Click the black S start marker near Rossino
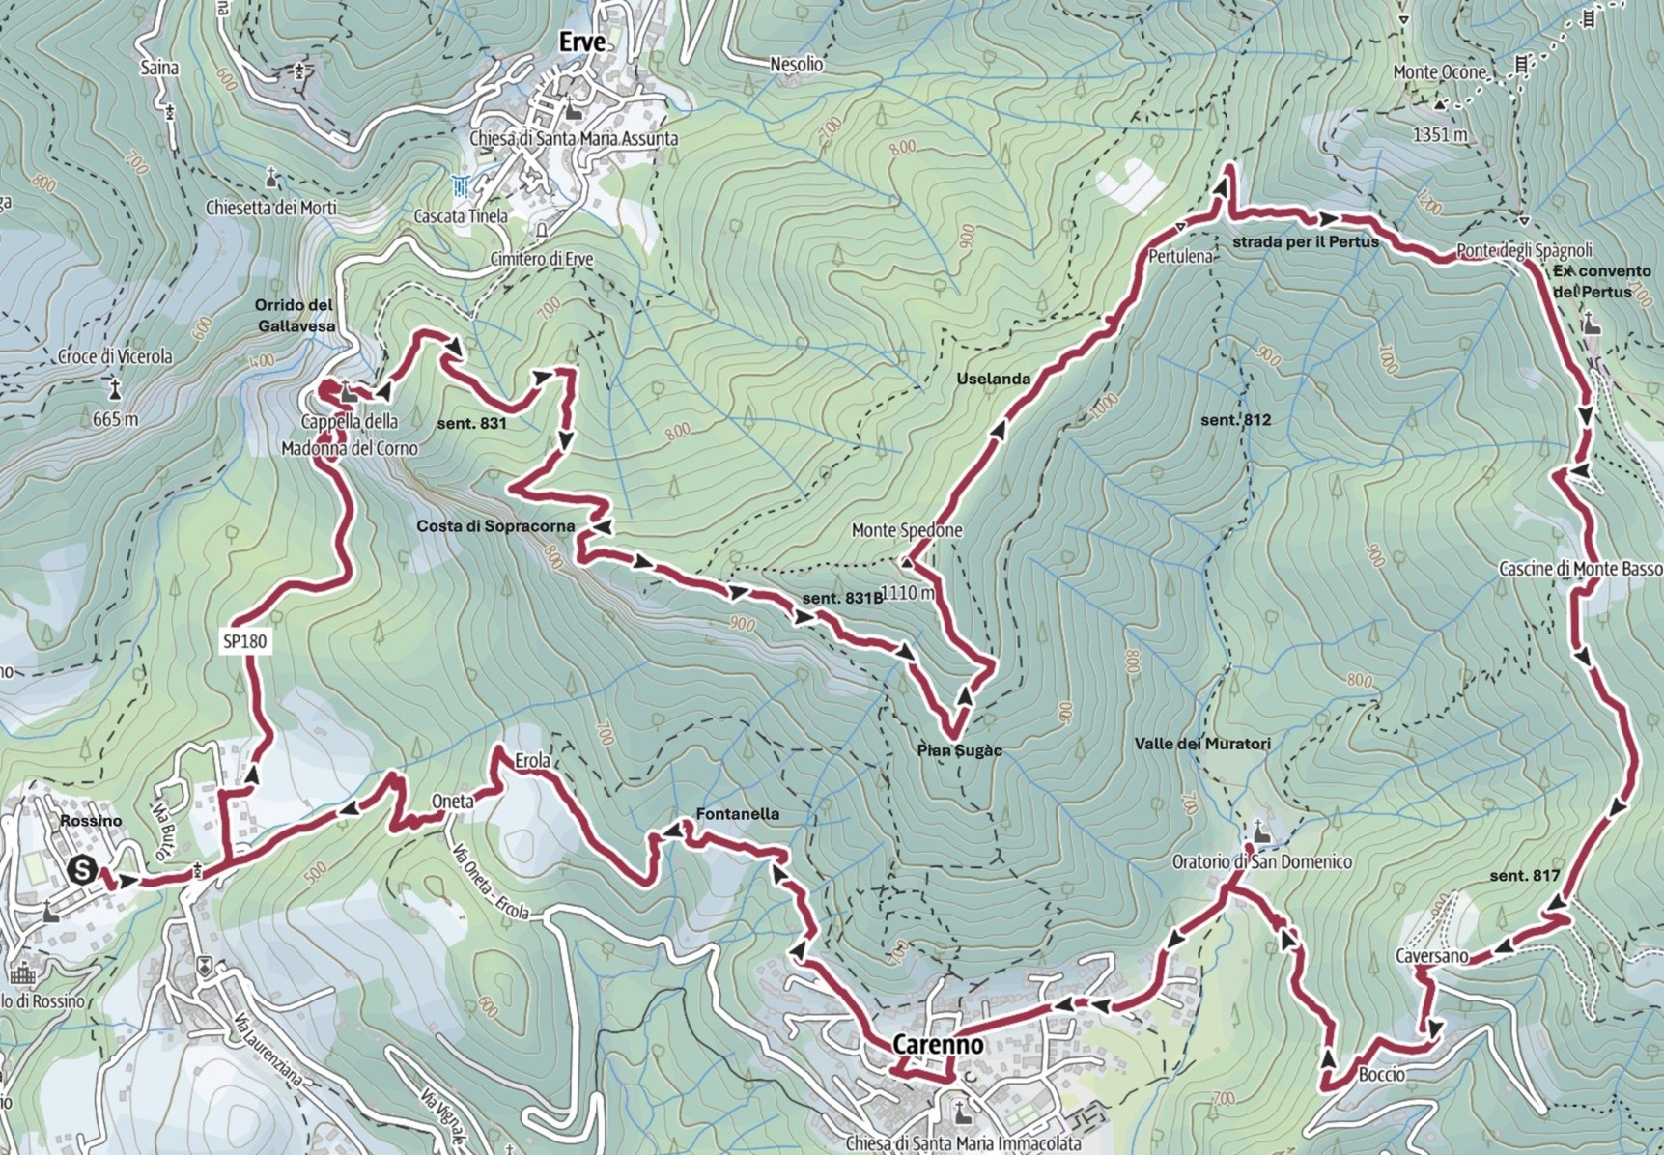pyautogui.click(x=82, y=869)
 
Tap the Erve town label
pyautogui.click(x=582, y=42)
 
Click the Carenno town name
pyautogui.click(x=938, y=1044)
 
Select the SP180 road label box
pyautogui.click(x=244, y=641)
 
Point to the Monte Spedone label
pyautogui.click(x=907, y=530)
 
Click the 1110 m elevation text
pyautogui.click(x=908, y=592)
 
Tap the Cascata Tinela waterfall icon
pyautogui.click(x=462, y=185)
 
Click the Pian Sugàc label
pyautogui.click(x=959, y=750)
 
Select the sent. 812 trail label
pyautogui.click(x=1235, y=420)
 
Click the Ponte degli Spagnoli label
pyautogui.click(x=1524, y=251)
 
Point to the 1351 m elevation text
pyautogui.click(x=1440, y=134)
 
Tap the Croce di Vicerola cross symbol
pyautogui.click(x=115, y=389)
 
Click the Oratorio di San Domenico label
pyautogui.click(x=1261, y=861)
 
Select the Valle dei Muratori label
pyautogui.click(x=1202, y=744)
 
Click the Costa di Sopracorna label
pyautogui.click(x=495, y=526)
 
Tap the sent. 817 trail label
pyautogui.click(x=1524, y=875)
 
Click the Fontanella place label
pyautogui.click(x=737, y=814)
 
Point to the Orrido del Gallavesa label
pyautogui.click(x=296, y=316)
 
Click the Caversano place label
pyautogui.click(x=1431, y=956)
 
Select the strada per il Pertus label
pyautogui.click(x=1305, y=241)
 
